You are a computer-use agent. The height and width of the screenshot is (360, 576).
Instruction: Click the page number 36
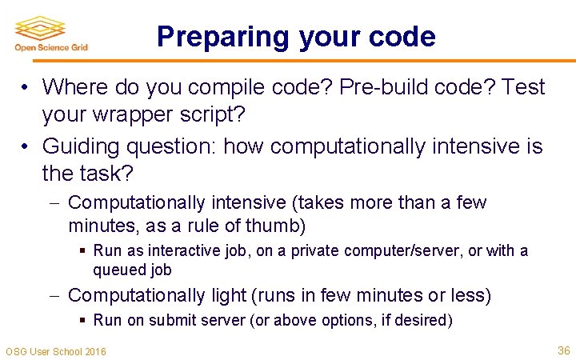[x=563, y=350]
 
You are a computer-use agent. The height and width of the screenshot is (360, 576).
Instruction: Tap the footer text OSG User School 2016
[x=56, y=351]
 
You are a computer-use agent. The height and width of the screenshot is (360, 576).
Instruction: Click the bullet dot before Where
[x=26, y=87]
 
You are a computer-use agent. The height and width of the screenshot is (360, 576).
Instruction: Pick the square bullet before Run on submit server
[x=83, y=321]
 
